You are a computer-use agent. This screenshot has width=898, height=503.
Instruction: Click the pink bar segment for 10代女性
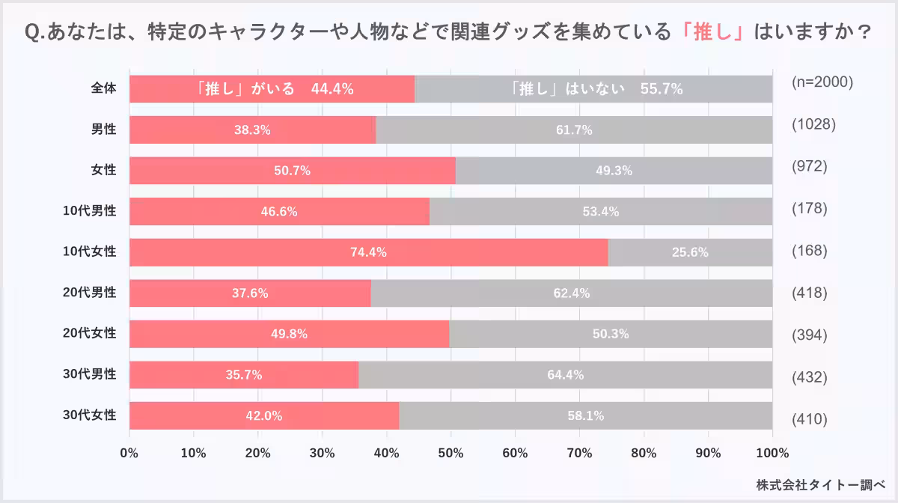(299, 252)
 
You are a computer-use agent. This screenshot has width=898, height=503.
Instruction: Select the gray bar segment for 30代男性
(565, 375)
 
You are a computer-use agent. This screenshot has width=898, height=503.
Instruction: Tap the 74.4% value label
(368, 252)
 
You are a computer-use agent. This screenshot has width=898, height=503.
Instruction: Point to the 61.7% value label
(574, 130)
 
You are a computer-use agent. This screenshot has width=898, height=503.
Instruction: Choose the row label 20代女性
(89, 333)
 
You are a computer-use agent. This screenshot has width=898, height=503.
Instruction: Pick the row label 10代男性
(89, 211)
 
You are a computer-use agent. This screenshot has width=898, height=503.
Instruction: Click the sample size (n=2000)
(822, 82)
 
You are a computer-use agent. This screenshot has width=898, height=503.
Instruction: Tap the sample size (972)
(809, 165)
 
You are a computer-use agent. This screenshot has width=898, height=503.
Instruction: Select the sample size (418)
(809, 293)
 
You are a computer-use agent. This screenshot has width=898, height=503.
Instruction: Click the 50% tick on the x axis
(451, 453)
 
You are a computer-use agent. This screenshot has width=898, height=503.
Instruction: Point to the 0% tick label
(129, 453)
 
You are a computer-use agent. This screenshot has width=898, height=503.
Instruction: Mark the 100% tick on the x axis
(773, 453)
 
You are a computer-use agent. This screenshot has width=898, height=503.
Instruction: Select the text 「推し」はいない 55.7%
(593, 89)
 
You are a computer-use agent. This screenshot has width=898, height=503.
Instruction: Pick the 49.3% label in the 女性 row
(614, 171)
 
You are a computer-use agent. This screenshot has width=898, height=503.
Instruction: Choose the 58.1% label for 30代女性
(585, 415)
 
